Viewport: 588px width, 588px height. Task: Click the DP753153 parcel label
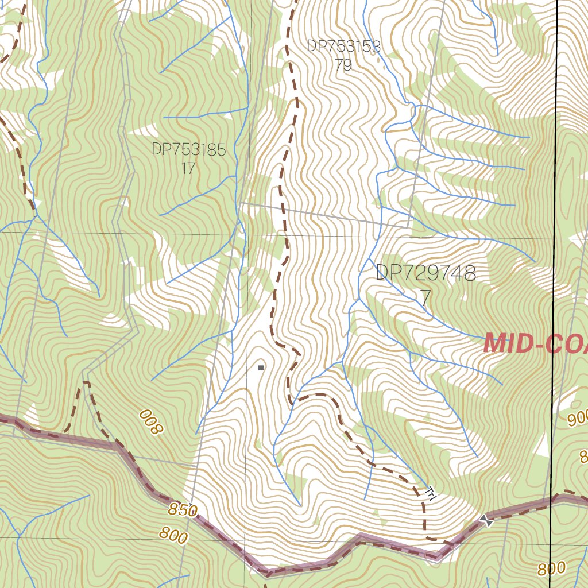pos(343,47)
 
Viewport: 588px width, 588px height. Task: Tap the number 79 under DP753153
pos(343,65)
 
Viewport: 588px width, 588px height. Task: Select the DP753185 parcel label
pos(189,150)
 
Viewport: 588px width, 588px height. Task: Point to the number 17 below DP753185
pos(188,169)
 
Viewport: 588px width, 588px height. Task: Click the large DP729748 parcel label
pos(425,273)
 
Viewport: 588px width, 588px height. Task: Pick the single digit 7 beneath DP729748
pos(425,298)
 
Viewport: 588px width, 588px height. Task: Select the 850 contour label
pos(183,509)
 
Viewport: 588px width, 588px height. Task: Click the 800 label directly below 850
pos(173,536)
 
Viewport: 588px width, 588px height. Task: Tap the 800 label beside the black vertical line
pos(552,568)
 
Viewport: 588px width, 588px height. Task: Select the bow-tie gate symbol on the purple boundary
pos(487,521)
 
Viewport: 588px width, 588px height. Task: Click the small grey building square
pos(261,367)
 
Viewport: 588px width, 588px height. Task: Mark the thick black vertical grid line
pos(555,172)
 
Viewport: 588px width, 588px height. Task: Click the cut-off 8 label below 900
pos(583,457)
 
